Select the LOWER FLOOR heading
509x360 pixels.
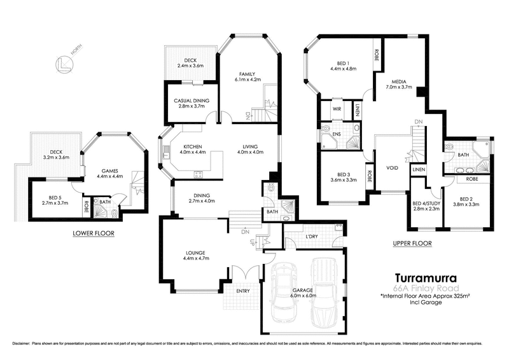93,233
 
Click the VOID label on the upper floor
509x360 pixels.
391,169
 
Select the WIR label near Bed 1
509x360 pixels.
336,109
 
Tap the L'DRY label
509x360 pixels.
311,237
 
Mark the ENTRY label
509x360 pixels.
242,291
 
